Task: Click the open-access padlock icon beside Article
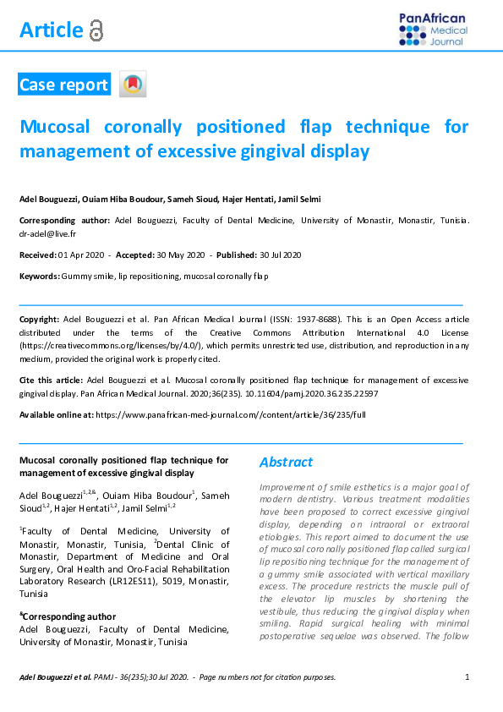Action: tap(96, 31)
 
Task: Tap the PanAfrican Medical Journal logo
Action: tap(432, 30)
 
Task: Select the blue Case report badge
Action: tap(64, 85)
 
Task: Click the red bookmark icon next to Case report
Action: tap(132, 85)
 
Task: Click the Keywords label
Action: tap(39, 277)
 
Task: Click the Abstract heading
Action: tap(286, 463)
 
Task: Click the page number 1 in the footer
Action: tap(467, 677)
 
